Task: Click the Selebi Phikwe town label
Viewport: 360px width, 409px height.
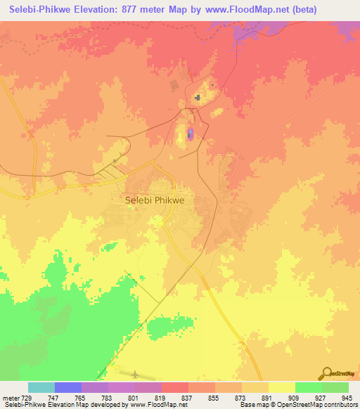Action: click(155, 200)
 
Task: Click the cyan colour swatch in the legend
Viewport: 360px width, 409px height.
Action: click(41, 387)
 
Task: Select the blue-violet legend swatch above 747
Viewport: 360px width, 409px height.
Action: click(67, 387)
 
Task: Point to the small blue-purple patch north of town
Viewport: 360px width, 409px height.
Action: click(191, 134)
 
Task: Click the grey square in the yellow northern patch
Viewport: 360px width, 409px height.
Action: click(199, 98)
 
